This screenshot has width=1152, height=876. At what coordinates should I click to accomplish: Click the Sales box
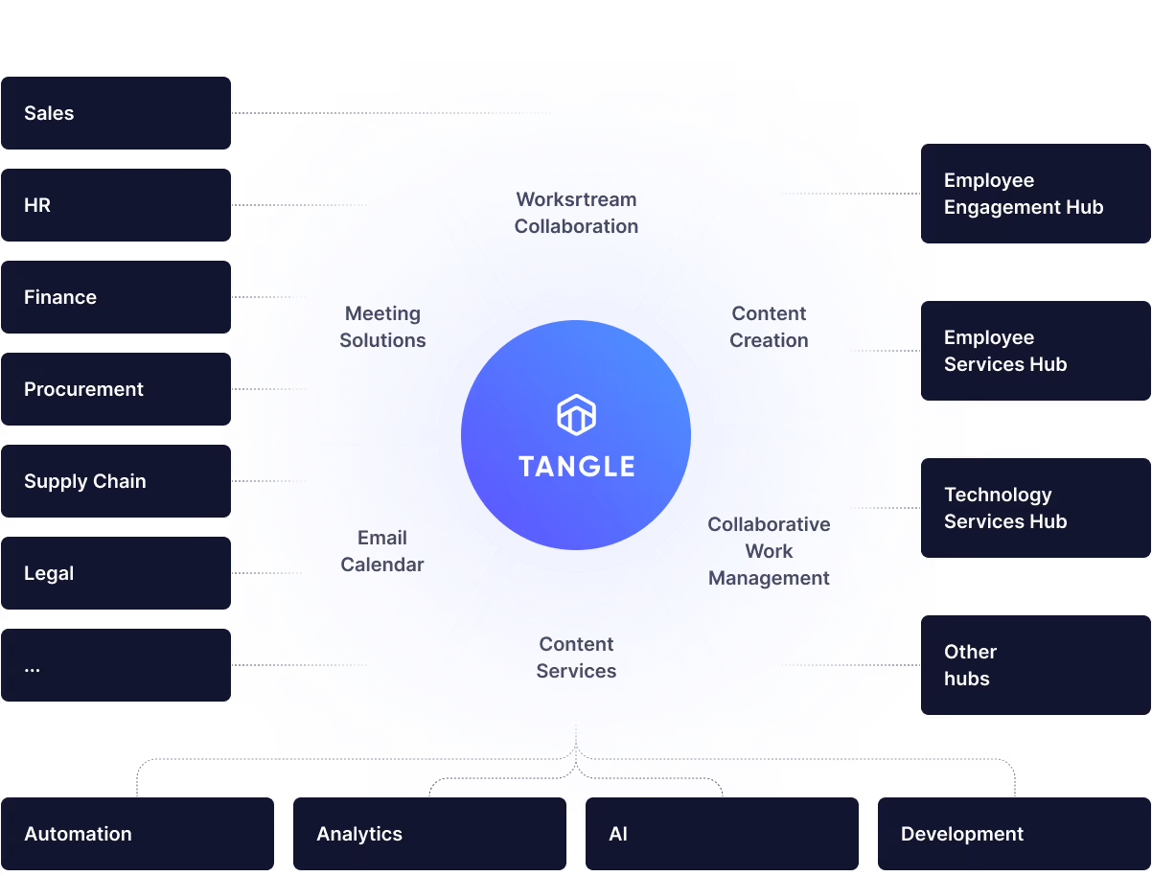tap(116, 113)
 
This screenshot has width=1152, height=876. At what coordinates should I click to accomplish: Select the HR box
tap(116, 205)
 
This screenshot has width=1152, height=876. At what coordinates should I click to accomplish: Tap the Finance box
tap(116, 297)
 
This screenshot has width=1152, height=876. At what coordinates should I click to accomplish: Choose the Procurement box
tap(116, 389)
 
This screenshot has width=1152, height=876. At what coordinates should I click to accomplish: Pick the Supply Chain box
tap(116, 481)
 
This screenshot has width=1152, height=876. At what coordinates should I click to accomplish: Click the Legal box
tap(116, 573)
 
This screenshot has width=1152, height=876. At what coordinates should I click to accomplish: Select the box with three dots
tap(116, 665)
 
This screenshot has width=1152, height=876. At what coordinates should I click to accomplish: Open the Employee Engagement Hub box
tap(1035, 194)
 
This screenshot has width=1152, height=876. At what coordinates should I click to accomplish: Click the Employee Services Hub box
tap(1035, 351)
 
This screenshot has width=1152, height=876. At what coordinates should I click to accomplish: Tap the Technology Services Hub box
tap(1035, 508)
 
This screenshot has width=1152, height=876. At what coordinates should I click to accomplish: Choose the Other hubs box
tap(1035, 665)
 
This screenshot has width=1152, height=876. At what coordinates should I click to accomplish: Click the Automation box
tap(137, 834)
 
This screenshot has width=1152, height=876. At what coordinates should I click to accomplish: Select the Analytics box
tap(429, 834)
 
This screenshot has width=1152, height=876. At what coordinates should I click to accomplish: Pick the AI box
tap(722, 834)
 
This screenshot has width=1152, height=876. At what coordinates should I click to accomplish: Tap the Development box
tap(1014, 834)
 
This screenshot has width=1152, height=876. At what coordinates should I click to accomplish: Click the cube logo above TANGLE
tap(576, 414)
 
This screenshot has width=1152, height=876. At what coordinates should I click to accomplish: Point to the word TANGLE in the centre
tap(576, 467)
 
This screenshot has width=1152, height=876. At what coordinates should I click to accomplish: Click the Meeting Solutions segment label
tap(382, 327)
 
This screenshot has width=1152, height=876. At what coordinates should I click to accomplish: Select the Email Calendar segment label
tap(382, 551)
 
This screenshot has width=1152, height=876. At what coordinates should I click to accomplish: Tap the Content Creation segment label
tap(769, 327)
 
